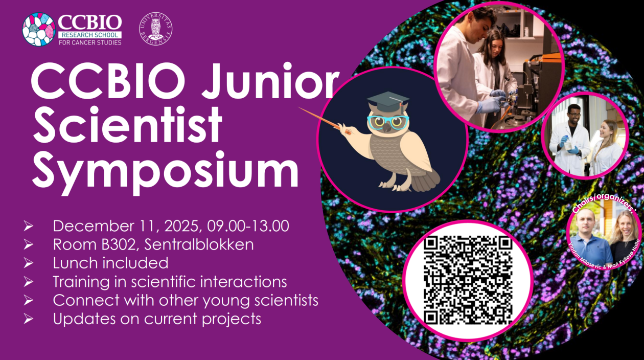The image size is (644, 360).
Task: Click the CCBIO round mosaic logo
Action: click(39, 30)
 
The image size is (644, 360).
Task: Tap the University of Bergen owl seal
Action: click(155, 29)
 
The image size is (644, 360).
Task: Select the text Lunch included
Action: click(110, 263)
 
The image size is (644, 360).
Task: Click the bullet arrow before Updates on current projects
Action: click(29, 319)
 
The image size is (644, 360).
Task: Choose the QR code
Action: click(468, 280)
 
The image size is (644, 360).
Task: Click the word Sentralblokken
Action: click(199, 244)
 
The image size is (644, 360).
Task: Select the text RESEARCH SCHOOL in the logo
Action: click(90, 34)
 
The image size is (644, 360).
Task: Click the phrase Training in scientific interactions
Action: click(170, 282)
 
